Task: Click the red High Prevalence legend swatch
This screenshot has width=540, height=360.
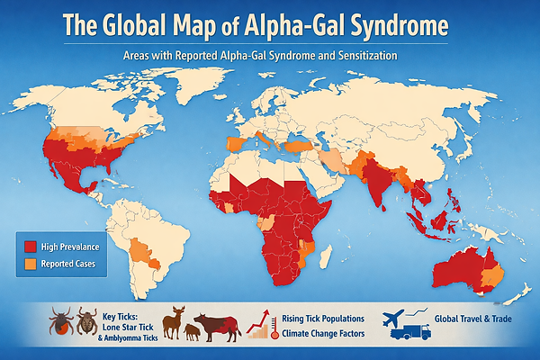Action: tap(31, 246)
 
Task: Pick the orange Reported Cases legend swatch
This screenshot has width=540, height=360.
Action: tap(31, 264)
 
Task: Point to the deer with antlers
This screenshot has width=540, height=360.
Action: tap(179, 320)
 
